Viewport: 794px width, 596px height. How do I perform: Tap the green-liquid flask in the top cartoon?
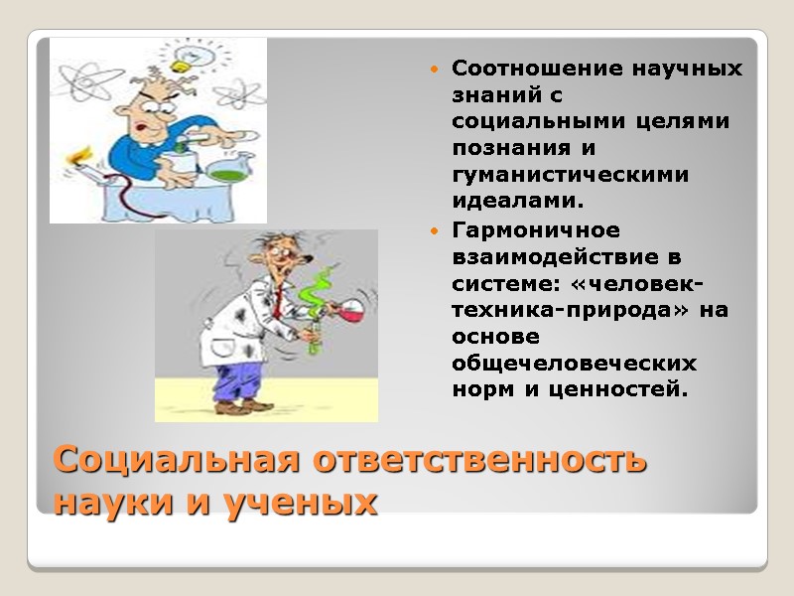pyautogui.click(x=230, y=165)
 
